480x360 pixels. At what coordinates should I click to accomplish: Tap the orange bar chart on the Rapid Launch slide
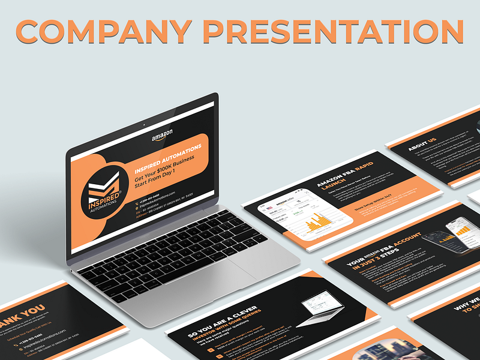317,225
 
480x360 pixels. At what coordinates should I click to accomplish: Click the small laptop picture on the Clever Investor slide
322,307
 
